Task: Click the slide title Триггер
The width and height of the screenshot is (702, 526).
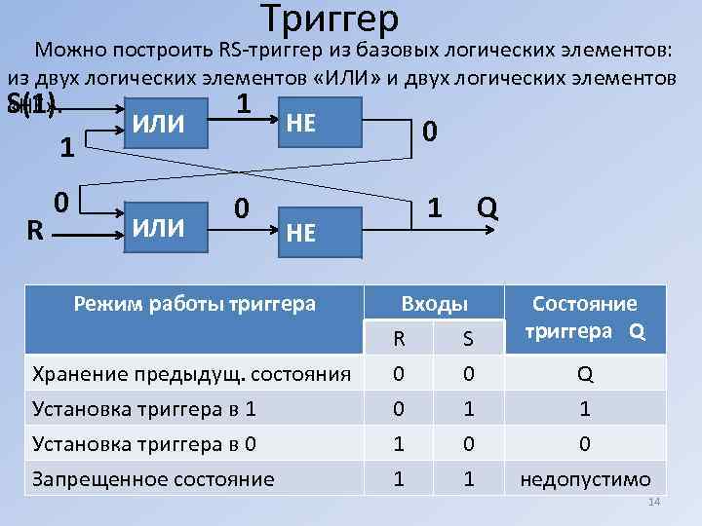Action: pyautogui.click(x=331, y=18)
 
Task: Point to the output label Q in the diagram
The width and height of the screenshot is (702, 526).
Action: pyautogui.click(x=488, y=207)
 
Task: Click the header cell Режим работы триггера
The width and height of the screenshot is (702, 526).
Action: pyautogui.click(x=195, y=303)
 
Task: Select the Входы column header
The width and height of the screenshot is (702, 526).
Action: pyautogui.click(x=434, y=305)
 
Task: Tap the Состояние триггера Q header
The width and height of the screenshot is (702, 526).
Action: pyautogui.click(x=585, y=318)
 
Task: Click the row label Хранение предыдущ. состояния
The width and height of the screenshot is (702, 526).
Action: pyautogui.click(x=192, y=373)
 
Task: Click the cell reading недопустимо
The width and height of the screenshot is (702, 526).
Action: pyautogui.click(x=585, y=478)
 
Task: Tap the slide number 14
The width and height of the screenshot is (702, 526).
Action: pyautogui.click(x=654, y=502)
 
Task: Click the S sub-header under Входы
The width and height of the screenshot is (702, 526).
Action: pyautogui.click(x=468, y=338)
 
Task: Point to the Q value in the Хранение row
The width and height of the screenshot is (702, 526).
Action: pyautogui.click(x=585, y=374)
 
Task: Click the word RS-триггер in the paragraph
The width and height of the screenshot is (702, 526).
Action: pyautogui.click(x=263, y=49)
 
